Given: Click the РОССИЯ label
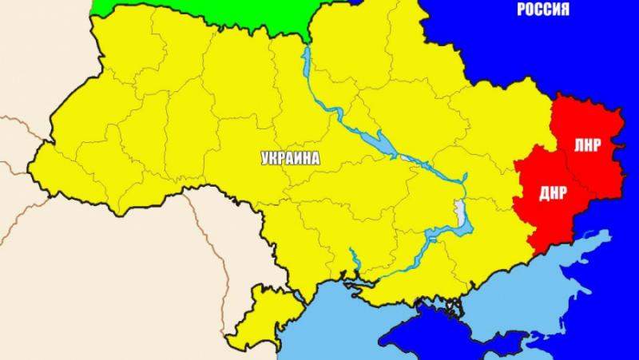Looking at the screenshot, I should pos(543,10).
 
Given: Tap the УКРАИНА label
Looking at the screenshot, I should pos(290,159).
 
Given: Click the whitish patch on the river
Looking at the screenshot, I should pos(459,214).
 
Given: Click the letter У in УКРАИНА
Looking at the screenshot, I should pos(265,159).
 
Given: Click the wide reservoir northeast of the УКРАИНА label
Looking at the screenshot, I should pos(375,142).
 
